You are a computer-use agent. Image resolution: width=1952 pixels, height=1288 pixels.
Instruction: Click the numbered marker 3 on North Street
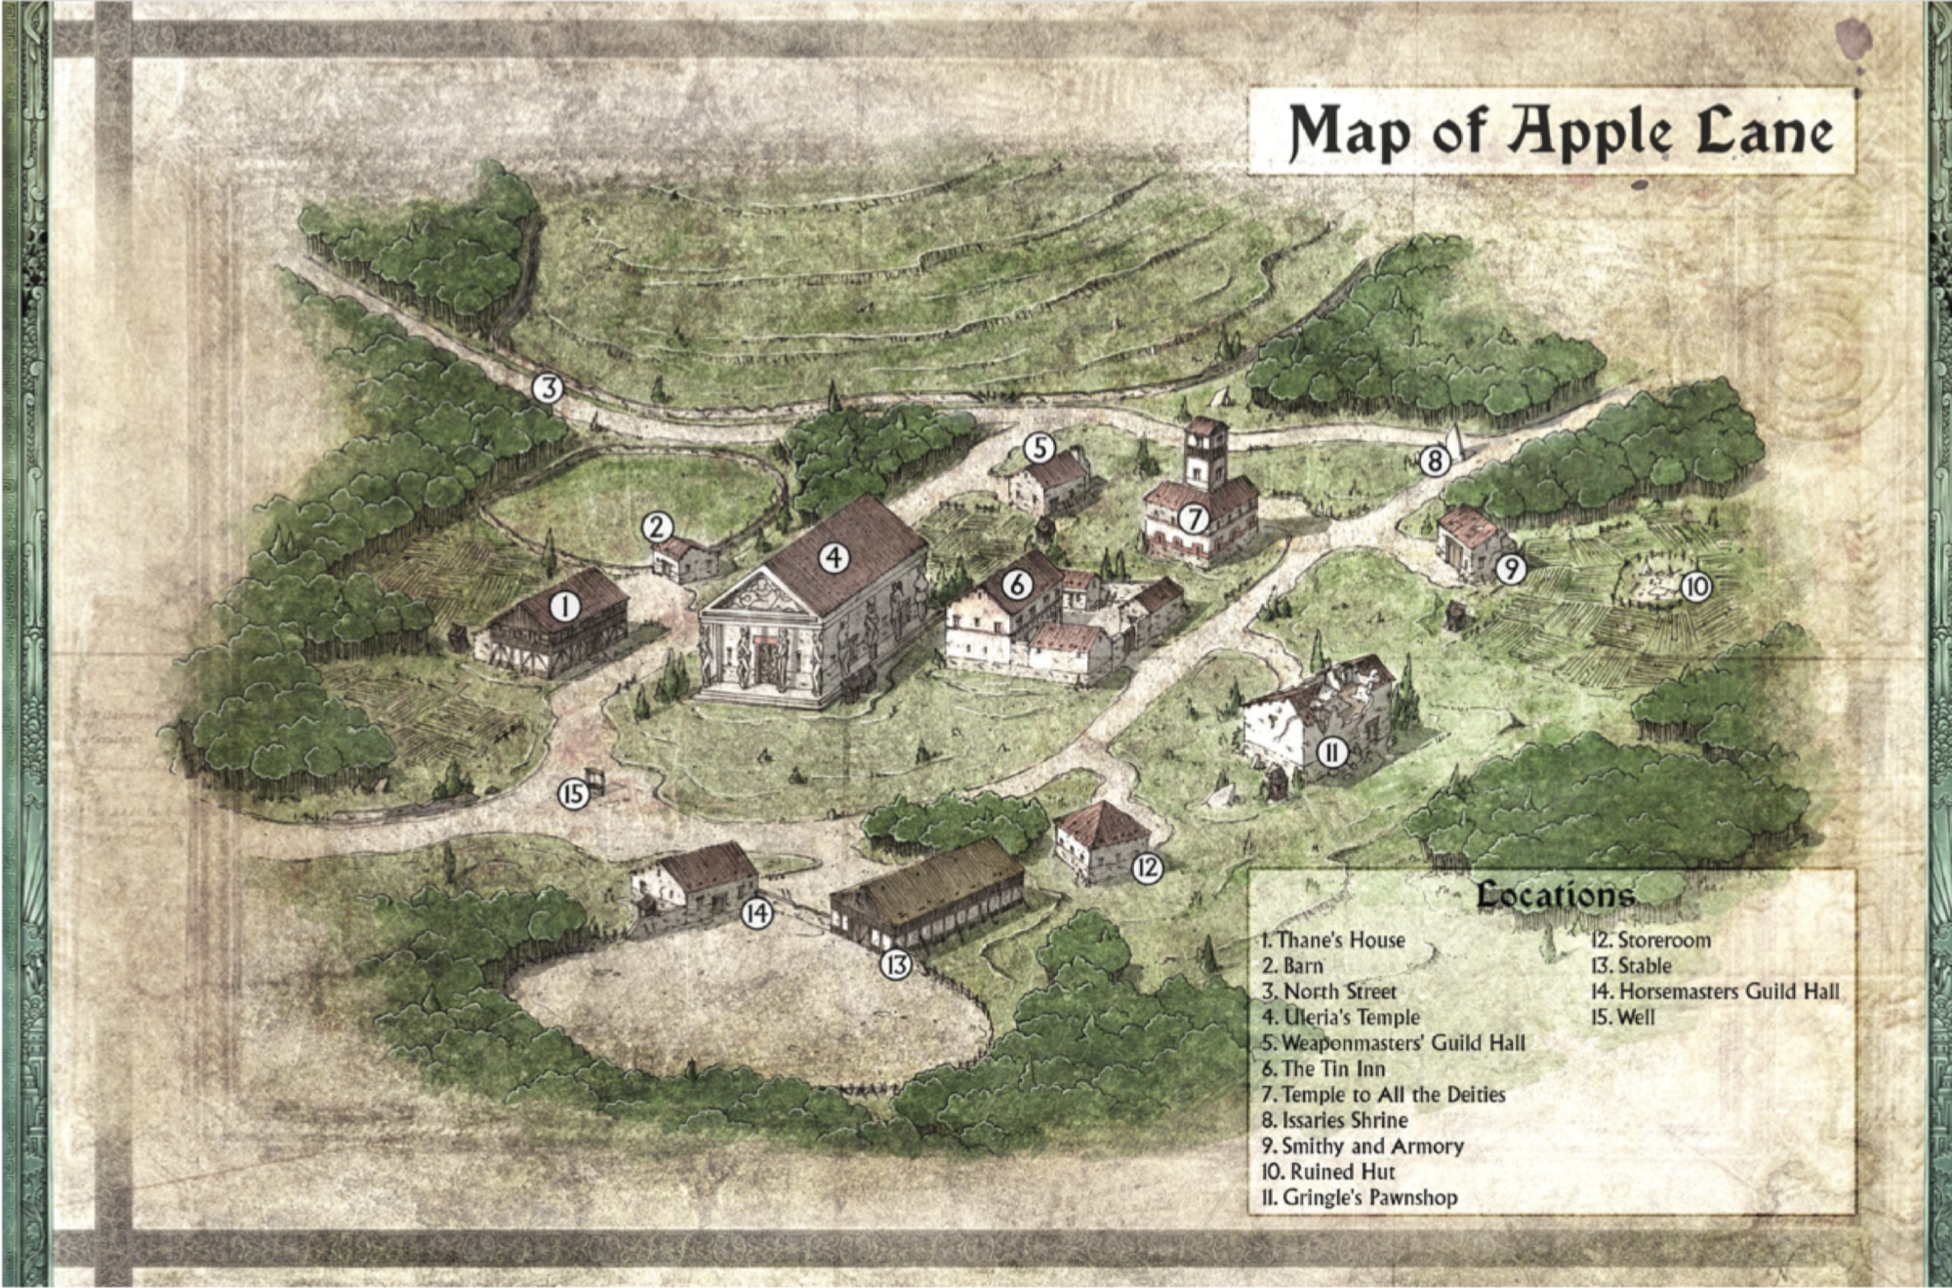tap(549, 388)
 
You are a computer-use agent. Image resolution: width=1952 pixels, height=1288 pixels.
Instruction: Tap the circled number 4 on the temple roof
tap(833, 558)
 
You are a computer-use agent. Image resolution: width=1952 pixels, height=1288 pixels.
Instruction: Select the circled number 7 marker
tap(1193, 519)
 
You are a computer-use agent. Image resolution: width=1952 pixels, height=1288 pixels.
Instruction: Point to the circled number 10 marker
tap(1695, 586)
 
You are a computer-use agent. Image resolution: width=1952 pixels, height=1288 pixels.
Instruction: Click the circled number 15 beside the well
tap(573, 793)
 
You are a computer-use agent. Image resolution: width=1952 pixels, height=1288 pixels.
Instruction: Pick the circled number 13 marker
tap(895, 965)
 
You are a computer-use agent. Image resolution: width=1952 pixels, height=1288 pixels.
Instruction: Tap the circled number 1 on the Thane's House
tap(564, 607)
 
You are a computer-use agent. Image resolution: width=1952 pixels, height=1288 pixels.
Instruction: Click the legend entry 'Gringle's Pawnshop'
tap(1359, 1197)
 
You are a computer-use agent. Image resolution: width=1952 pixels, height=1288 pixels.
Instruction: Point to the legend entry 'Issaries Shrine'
tap(1334, 1120)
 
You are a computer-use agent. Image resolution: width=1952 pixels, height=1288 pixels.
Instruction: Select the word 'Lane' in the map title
tap(1764, 132)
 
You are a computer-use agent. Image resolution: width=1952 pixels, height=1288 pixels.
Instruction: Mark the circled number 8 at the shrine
tap(1434, 461)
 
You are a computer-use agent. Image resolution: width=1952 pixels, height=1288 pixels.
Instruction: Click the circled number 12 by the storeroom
tap(1148, 867)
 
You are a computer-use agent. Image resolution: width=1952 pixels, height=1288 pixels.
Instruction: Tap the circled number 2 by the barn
tap(657, 528)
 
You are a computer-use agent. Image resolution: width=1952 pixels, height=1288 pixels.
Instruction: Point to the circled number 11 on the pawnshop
tap(1332, 751)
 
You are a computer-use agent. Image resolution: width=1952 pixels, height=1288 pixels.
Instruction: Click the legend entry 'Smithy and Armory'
tap(1362, 1146)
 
